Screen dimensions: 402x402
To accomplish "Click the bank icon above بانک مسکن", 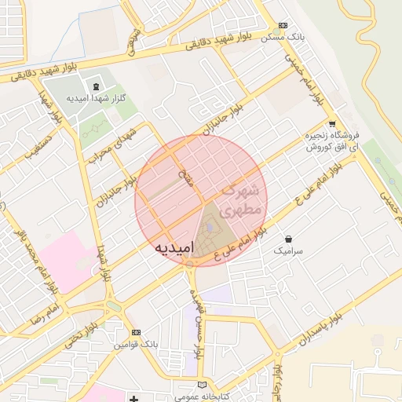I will pyautogui.click(x=283, y=26).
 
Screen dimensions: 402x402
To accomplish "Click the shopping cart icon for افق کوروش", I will pyautogui.click(x=332, y=123).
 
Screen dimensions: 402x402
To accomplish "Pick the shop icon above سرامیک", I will pyautogui.click(x=289, y=239).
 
